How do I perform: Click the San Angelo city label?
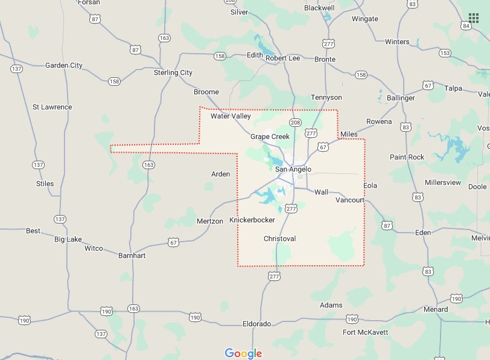[293, 169]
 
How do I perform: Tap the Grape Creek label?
[270, 137]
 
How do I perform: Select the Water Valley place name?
[231, 116]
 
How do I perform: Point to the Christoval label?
[279, 239]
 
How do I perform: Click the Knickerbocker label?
[252, 220]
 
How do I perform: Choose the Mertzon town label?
[210, 221]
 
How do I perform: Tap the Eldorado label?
[256, 324]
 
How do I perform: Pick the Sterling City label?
[173, 72]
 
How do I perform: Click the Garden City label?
[64, 65]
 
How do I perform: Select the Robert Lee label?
[283, 58]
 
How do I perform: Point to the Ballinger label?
[401, 98]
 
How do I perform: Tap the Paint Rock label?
[407, 157]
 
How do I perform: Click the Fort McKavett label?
[366, 332]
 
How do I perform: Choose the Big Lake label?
[68, 239]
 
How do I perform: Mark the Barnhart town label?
[132, 256]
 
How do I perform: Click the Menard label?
[436, 309]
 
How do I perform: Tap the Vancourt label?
[350, 200]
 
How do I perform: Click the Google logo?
[243, 353]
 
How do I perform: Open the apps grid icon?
[474, 18]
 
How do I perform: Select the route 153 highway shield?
[445, 53]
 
